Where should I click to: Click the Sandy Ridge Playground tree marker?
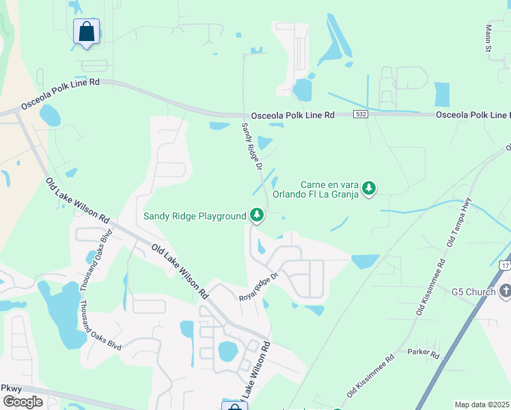[x=257, y=215]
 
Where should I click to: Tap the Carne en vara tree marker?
[x=369, y=188]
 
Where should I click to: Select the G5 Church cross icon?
[x=505, y=292]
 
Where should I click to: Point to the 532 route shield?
[x=361, y=115]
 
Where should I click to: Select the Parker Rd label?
[x=424, y=353]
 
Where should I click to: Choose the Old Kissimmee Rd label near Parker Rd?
[x=370, y=377]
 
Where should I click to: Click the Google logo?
[x=23, y=401]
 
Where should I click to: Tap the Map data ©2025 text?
[x=482, y=405]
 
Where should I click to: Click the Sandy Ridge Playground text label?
[x=195, y=217]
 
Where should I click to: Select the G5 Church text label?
[x=473, y=292]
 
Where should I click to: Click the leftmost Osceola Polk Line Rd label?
[x=60, y=94]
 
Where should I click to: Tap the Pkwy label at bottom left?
[x=12, y=387]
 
